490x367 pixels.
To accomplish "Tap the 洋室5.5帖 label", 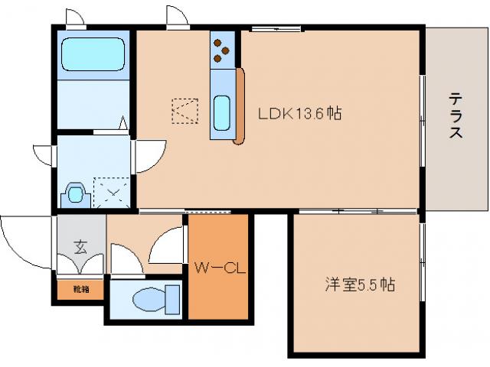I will coord(359,286).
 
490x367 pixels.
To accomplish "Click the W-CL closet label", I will coord(217,268).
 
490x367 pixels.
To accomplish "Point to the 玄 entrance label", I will coord(80,246).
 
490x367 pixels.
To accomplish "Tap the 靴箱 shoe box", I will coord(80,290).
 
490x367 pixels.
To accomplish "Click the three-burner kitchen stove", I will coord(222,50).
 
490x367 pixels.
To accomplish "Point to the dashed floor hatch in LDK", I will coord(185,111).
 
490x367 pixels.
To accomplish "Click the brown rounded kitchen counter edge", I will coord(240,107).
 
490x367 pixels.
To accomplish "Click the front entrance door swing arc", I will coord(23,241).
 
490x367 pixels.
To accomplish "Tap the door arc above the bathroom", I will coord(75,17).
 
